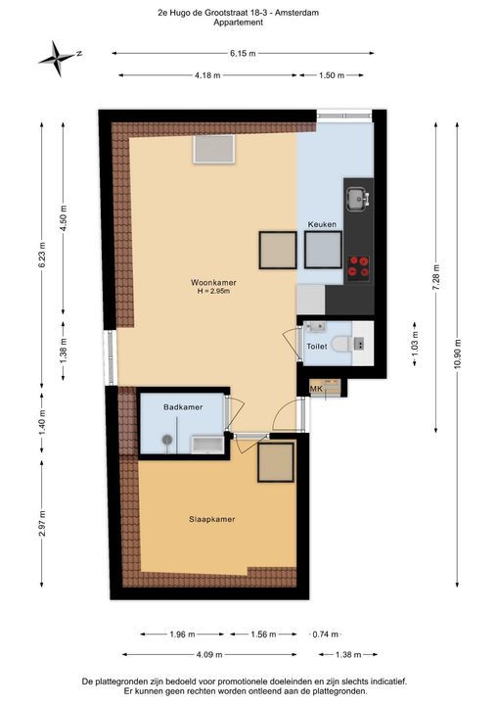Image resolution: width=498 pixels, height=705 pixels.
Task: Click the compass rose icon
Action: (x=58, y=58)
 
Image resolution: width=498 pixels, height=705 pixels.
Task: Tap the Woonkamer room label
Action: (x=213, y=282)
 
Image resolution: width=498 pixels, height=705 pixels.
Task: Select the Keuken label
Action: (x=322, y=224)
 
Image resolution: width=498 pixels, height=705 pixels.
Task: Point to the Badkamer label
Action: (x=182, y=405)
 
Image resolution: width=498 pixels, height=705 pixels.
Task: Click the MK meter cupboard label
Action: (x=316, y=389)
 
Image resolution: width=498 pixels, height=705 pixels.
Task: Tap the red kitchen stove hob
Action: (x=359, y=262)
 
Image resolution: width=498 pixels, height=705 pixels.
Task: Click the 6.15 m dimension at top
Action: (x=244, y=53)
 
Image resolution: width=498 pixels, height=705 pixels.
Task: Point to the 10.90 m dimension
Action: (x=456, y=352)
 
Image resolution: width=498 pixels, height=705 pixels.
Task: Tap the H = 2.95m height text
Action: (x=213, y=292)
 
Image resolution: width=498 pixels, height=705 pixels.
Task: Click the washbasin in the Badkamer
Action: (x=207, y=445)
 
